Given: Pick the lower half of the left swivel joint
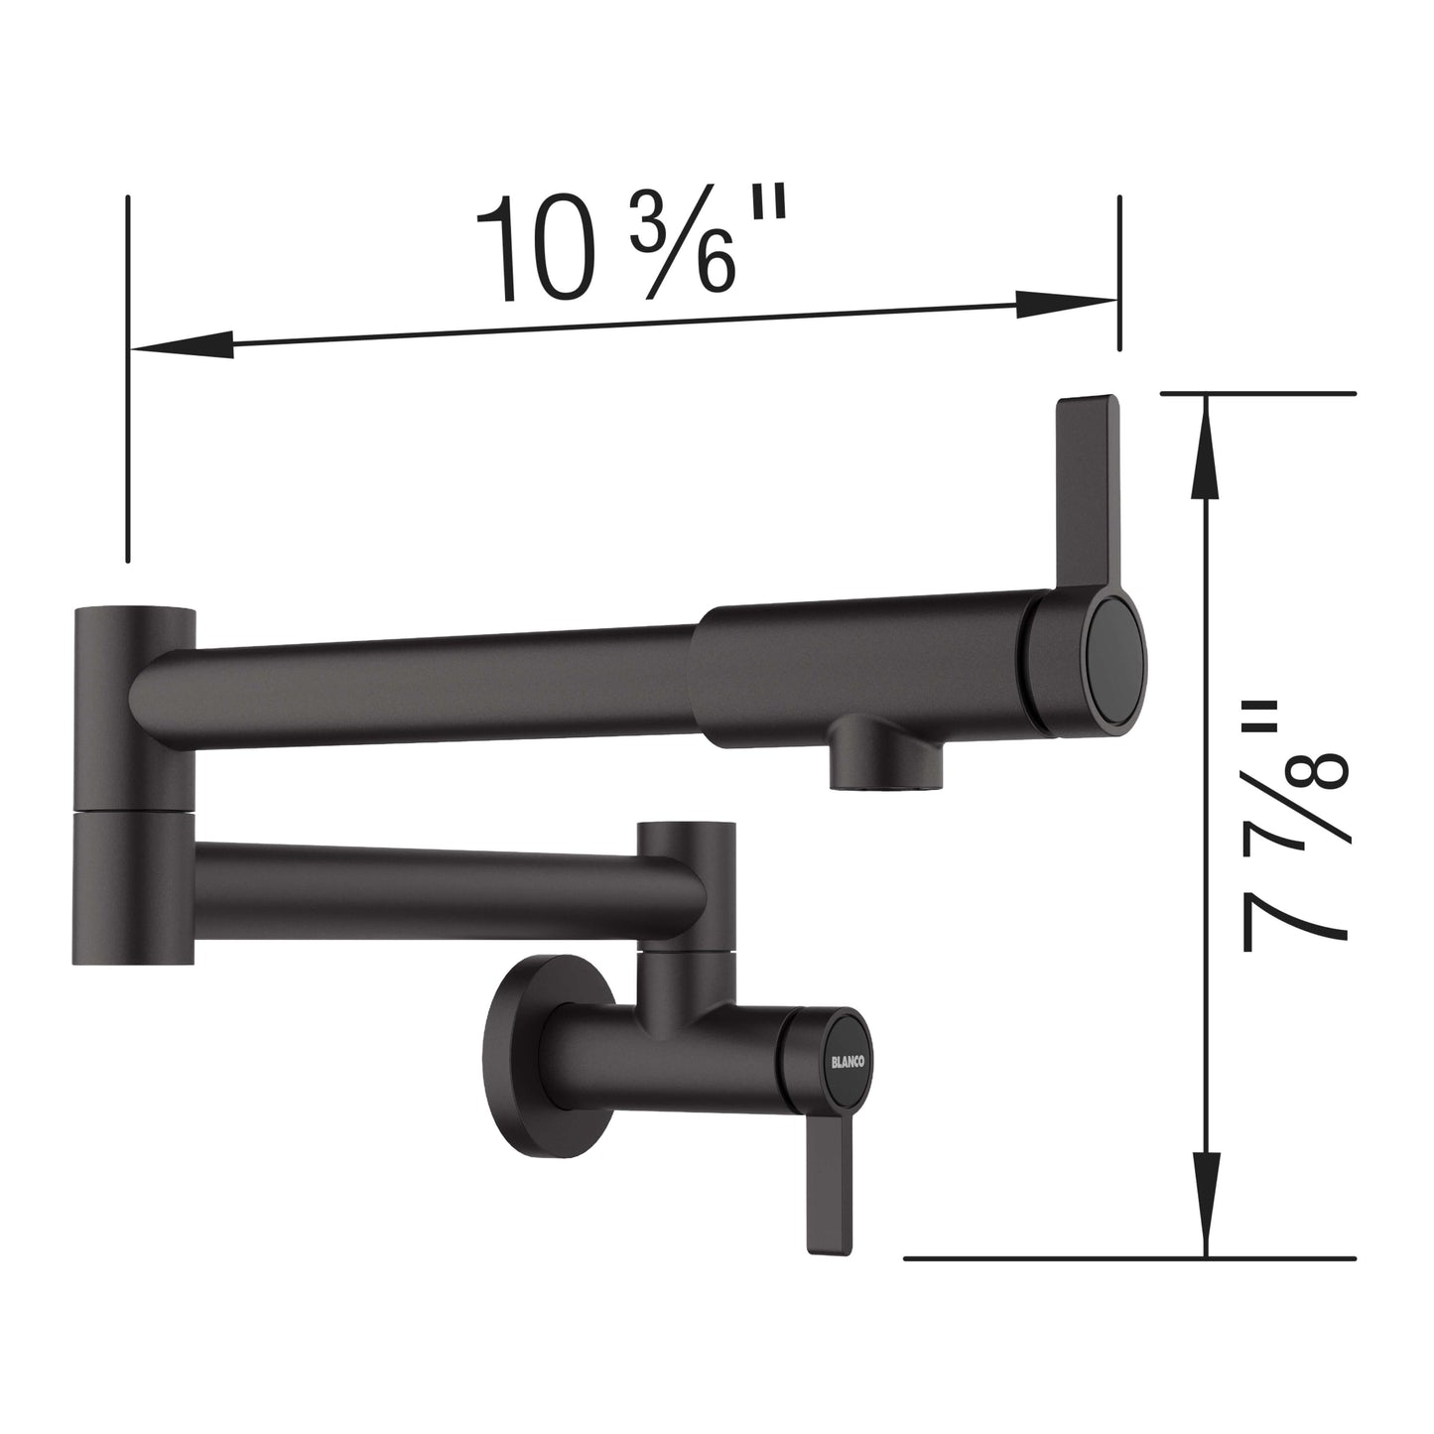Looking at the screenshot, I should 135,886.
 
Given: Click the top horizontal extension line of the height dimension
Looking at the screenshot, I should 1256,393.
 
